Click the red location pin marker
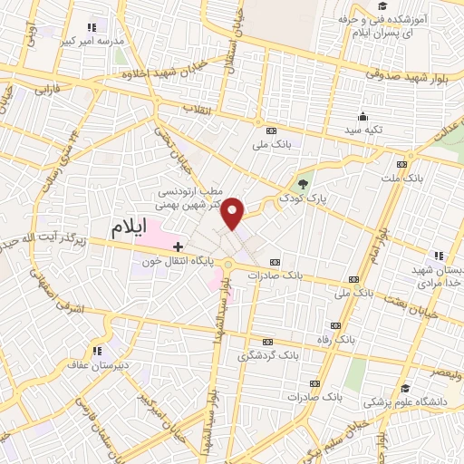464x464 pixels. (234, 212)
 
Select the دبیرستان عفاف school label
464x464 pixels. (81, 366)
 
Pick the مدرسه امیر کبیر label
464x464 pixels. (88, 41)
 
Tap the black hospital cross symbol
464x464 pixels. (179, 246)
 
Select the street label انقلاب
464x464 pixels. (198, 109)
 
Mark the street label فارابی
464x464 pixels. (46, 91)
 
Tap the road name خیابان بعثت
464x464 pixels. (430, 310)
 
